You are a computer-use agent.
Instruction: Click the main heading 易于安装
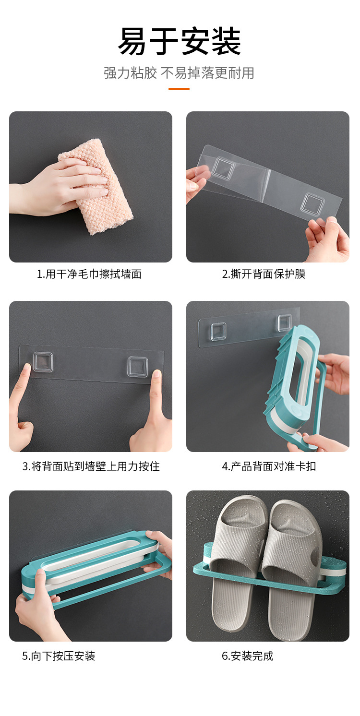pyautogui.click(x=180, y=42)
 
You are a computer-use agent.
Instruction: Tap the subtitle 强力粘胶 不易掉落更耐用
pyautogui.click(x=179, y=73)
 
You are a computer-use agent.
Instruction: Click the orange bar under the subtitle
pyautogui.click(x=179, y=89)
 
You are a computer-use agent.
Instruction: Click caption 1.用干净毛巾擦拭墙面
pyautogui.click(x=89, y=274)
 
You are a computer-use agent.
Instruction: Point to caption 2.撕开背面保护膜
pyautogui.click(x=264, y=274)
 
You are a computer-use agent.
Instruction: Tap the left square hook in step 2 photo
pyautogui.click(x=222, y=168)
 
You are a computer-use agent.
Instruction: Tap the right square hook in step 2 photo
pyautogui.click(x=312, y=203)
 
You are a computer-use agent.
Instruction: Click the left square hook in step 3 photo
pyautogui.click(x=43, y=362)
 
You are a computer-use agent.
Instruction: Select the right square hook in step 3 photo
pyautogui.click(x=137, y=366)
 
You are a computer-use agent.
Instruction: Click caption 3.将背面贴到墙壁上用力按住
pyautogui.click(x=91, y=466)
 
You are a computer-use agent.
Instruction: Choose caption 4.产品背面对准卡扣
pyautogui.click(x=269, y=466)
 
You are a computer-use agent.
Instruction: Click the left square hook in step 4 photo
pyautogui.click(x=218, y=331)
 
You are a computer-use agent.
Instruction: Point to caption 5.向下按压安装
pyautogui.click(x=59, y=656)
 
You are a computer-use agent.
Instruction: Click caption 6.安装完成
pyautogui.click(x=247, y=656)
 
